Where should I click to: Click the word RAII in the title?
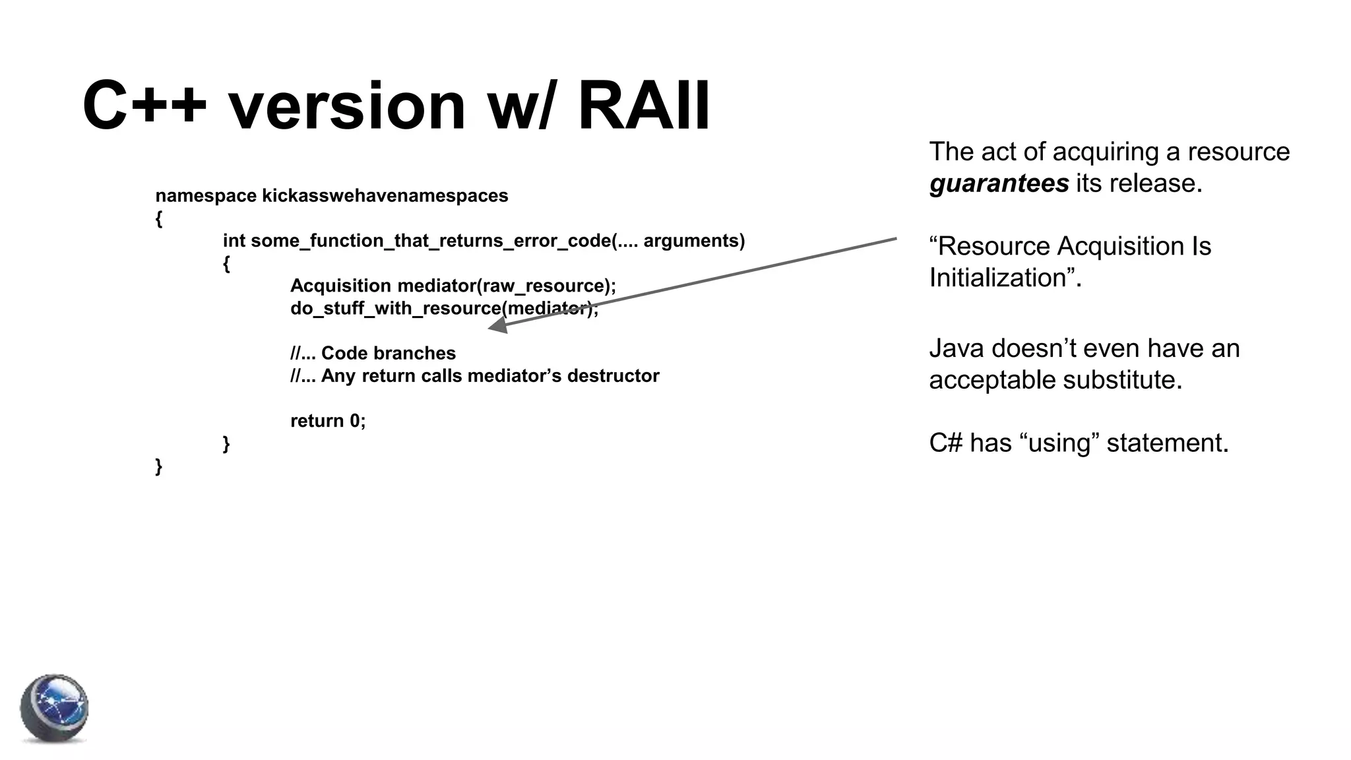pyautogui.click(x=643, y=106)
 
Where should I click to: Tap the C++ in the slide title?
pyautogui.click(x=144, y=106)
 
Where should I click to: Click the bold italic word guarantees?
pyautogui.click(x=999, y=183)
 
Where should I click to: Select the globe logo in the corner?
pyautogui.click(x=54, y=709)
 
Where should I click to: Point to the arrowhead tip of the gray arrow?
pyautogui.click(x=490, y=327)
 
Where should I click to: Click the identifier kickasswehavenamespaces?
pyautogui.click(x=385, y=196)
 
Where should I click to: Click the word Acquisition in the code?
pyautogui.click(x=340, y=286)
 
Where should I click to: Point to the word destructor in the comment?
pyautogui.click(x=613, y=376)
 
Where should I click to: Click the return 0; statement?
pyautogui.click(x=328, y=421)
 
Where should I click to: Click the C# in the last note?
pyautogui.click(x=946, y=443)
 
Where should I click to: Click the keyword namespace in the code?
pyautogui.click(x=206, y=196)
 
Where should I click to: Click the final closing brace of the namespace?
pyautogui.click(x=158, y=466)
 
